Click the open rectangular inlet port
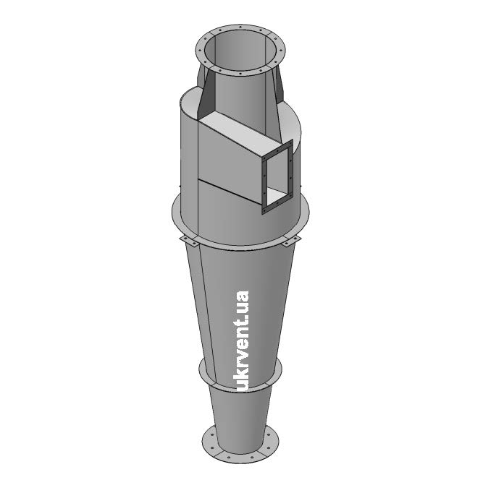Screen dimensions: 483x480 [x=278, y=178]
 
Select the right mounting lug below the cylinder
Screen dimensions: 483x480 [x=291, y=241]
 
